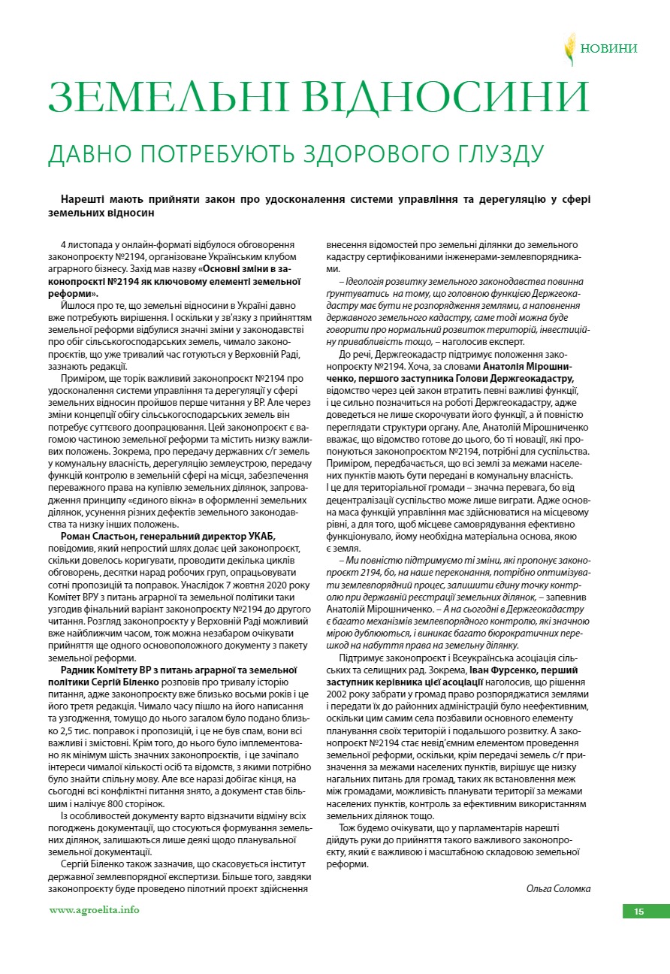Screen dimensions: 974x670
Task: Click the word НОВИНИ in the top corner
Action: click(608, 49)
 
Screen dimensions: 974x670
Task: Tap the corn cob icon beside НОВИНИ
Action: click(570, 49)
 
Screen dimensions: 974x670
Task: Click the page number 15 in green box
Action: click(638, 912)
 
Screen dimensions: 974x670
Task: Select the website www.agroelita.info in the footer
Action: click(94, 909)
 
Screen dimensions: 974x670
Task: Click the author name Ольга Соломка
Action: click(558, 888)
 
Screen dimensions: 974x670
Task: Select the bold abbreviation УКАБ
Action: click(261, 535)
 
